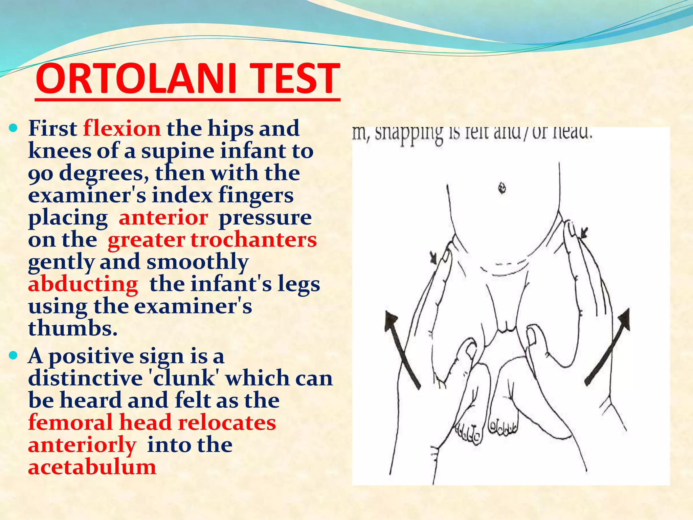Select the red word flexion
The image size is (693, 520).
(122, 129)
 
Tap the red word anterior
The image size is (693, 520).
(163, 218)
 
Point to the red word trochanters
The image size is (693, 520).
(254, 240)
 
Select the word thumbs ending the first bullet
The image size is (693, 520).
(73, 328)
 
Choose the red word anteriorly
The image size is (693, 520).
(82, 446)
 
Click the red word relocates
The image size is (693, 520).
(227, 423)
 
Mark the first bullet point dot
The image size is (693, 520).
(14, 128)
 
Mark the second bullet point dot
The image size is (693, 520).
(14, 356)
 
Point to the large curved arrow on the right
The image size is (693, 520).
(609, 345)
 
